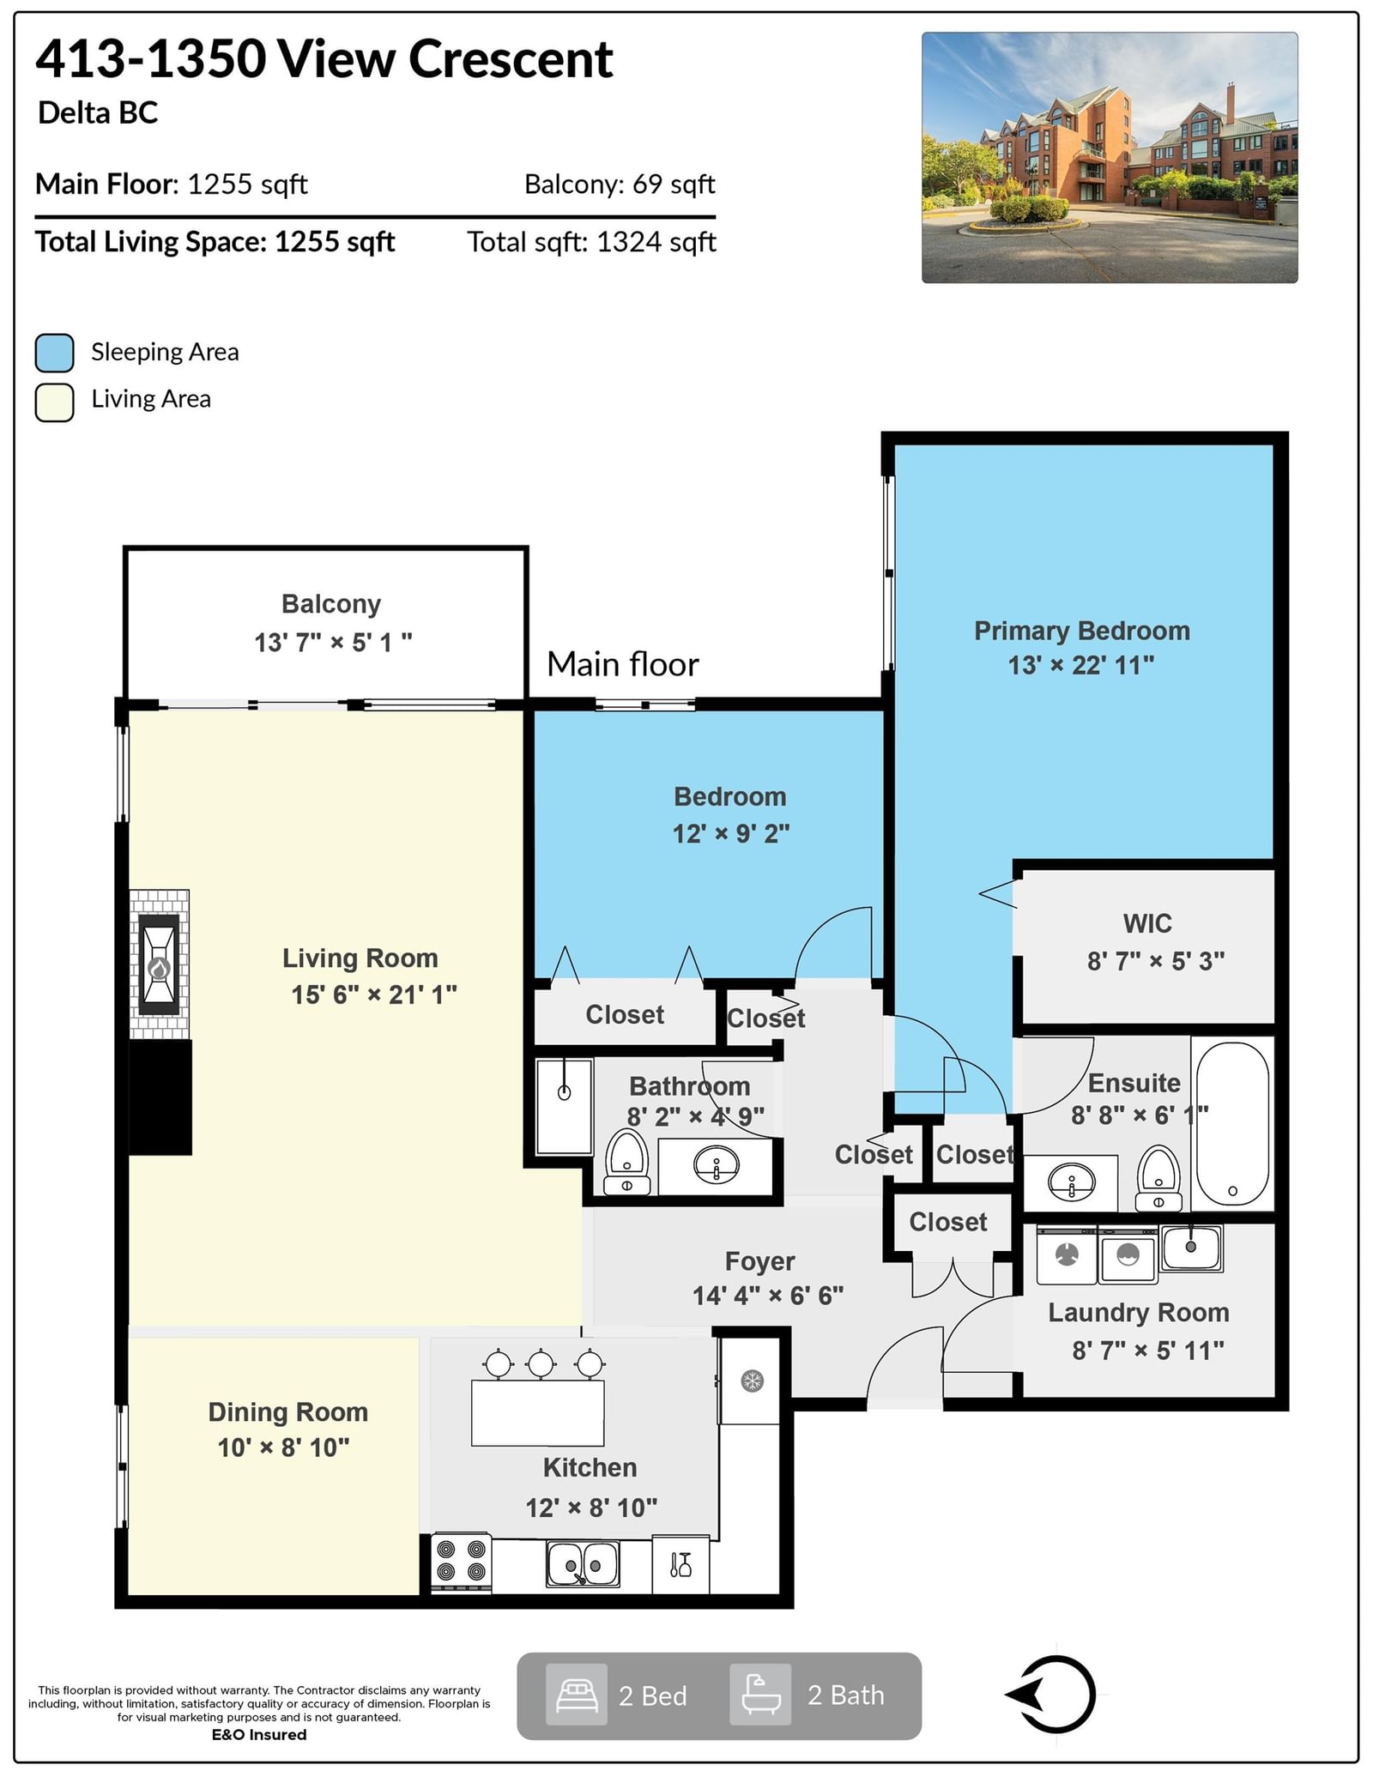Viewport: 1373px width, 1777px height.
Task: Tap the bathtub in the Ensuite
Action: (1232, 1123)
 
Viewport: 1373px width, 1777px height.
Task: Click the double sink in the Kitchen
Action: (583, 1563)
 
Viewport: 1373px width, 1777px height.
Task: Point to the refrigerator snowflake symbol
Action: (752, 1381)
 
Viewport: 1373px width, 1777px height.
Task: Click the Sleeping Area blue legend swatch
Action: (54, 353)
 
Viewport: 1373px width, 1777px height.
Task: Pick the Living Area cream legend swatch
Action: (54, 402)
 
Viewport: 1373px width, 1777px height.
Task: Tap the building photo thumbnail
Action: (1110, 158)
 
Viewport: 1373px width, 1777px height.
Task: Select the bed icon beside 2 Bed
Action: (577, 1695)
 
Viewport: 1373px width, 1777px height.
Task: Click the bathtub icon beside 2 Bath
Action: (760, 1695)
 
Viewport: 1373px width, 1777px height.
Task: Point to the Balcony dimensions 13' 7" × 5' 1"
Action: (333, 642)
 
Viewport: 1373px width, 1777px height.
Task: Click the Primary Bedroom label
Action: (1082, 631)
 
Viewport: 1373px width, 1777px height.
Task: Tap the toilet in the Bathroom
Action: (627, 1162)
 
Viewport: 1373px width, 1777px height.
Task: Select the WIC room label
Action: (1147, 923)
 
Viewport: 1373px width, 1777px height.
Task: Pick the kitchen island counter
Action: (538, 1411)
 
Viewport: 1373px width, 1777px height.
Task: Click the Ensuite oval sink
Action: (1072, 1183)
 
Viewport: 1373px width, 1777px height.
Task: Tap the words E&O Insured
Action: (259, 1734)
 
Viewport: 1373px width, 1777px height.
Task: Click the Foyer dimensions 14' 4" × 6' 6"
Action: (768, 1296)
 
